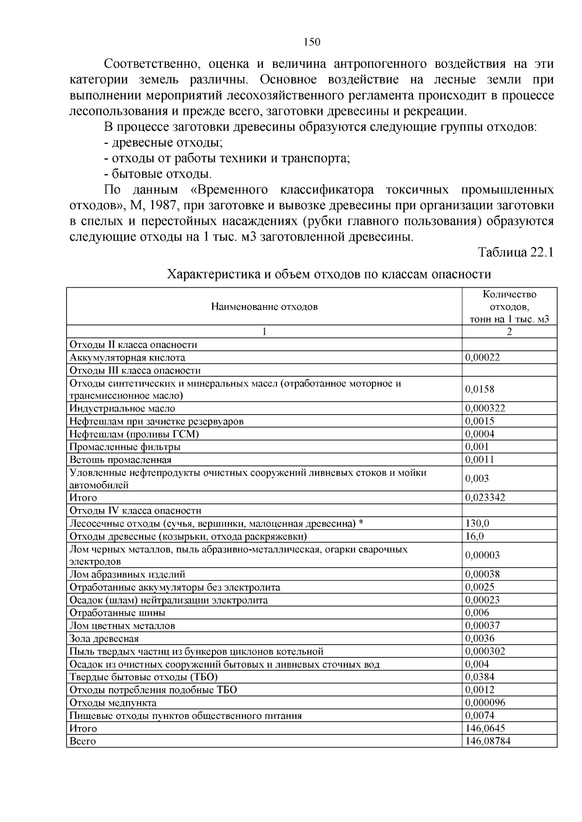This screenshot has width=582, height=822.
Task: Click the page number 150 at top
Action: [312, 42]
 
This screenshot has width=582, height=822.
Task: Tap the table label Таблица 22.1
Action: [516, 252]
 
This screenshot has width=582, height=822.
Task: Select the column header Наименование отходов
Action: [264, 307]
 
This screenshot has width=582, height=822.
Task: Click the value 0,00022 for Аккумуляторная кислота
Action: [482, 357]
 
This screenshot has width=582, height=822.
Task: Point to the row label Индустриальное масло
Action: [122, 408]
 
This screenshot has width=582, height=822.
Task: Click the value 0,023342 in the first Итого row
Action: [485, 497]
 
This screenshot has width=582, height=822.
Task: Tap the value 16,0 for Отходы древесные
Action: [474, 536]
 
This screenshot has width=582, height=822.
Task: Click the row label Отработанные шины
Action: [117, 613]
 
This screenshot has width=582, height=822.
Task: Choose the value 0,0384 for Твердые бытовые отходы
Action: [480, 677]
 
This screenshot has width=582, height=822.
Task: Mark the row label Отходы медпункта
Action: [113, 702]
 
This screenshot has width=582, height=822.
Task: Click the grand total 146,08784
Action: [487, 741]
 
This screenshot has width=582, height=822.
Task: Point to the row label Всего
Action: [82, 741]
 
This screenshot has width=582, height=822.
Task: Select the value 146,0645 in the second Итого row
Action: [485, 728]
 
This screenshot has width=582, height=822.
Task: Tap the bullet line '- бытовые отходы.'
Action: [158, 174]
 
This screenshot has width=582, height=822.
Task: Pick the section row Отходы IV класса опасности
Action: [135, 511]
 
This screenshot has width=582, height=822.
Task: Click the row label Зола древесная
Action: [104, 638]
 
